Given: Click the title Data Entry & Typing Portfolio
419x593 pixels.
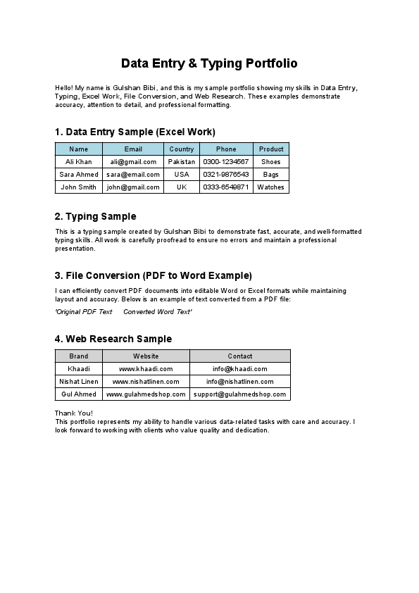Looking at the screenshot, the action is pos(209,63).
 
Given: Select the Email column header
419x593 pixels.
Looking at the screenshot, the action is pos(133,149).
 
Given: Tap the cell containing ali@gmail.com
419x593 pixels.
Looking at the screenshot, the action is pos(133,162).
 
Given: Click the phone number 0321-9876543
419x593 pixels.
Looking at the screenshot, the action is pos(226,175).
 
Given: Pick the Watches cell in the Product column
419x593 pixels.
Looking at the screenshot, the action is pos(271,187).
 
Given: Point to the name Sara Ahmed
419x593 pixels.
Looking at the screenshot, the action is pos(79,175).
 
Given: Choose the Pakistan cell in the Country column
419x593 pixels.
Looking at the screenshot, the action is pos(182,162).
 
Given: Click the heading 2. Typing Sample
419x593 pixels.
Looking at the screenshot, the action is pos(95,216).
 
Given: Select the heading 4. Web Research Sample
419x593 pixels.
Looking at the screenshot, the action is pos(113,339).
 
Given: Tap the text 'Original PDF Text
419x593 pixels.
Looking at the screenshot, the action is pos(84,311).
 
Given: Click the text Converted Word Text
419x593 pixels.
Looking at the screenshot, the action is pos(157,311).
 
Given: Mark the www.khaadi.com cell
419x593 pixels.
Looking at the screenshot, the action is pos(146,369).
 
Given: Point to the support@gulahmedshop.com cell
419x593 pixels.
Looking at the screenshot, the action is pos(240,394).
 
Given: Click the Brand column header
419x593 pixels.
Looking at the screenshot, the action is pos(79,356).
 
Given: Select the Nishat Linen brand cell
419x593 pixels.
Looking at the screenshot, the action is pos(79,382).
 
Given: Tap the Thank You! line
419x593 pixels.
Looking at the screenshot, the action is pos(73,413).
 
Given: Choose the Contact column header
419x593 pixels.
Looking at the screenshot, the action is pos(240,356).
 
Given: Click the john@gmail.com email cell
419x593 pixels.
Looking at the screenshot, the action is pos(133,187).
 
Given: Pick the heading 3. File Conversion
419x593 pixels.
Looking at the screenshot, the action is pos(153,275).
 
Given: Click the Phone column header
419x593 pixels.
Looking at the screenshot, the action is pos(226,149).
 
